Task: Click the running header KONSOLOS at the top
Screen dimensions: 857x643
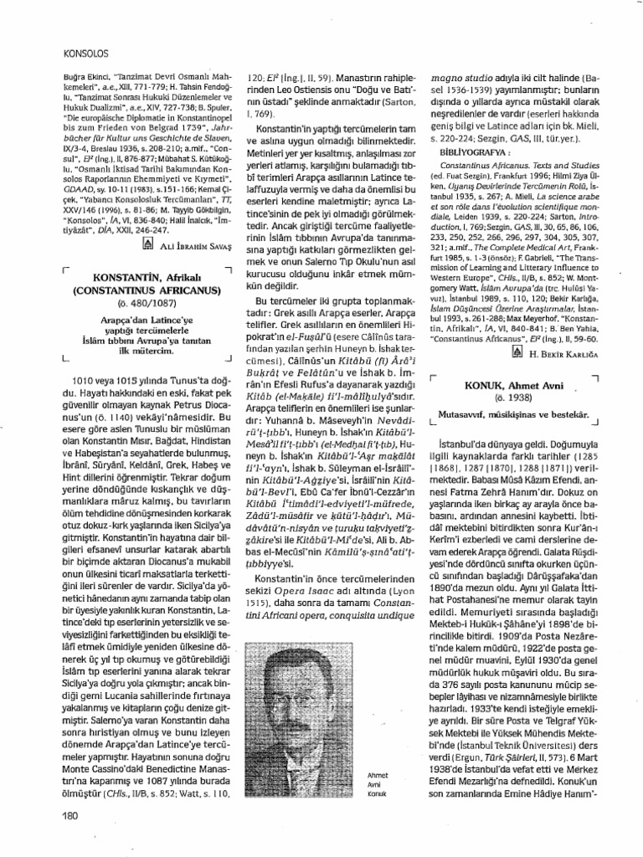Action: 88,52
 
